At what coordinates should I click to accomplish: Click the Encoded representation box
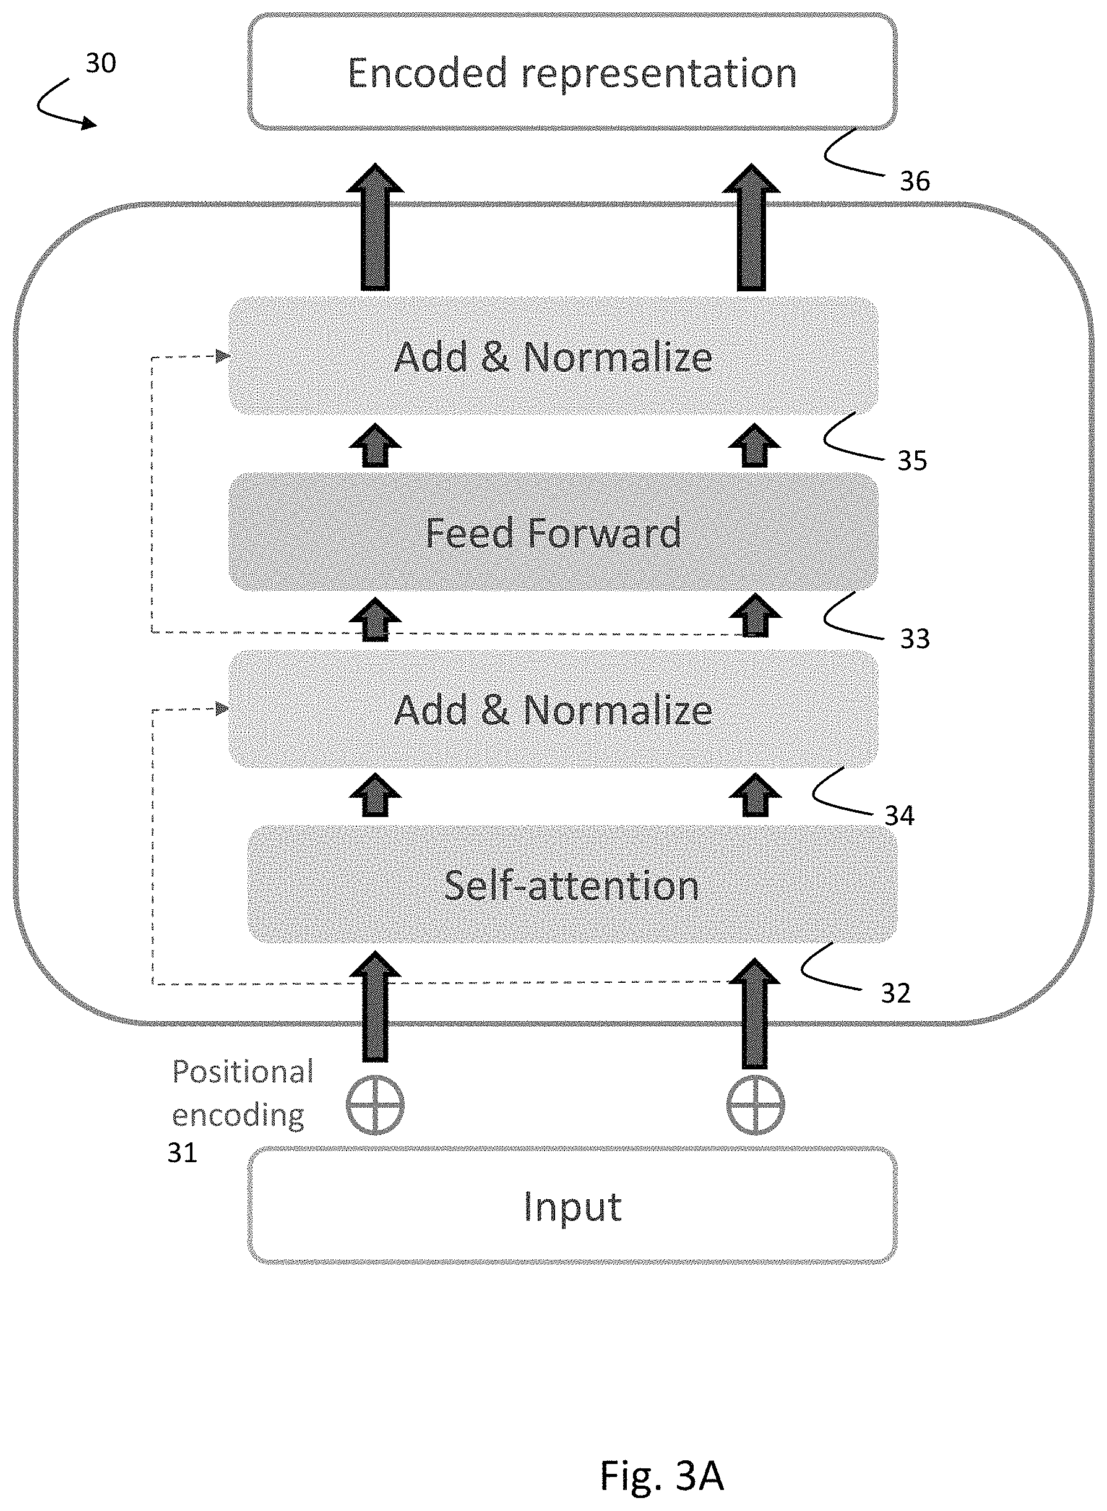click(x=572, y=72)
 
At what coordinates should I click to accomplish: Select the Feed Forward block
click(x=553, y=533)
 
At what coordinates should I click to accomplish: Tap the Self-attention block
click(x=572, y=884)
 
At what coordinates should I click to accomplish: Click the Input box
click(x=572, y=1206)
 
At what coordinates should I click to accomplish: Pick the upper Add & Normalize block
click(x=553, y=356)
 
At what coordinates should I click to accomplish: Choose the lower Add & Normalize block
click(x=553, y=709)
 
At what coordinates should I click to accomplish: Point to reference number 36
click(x=915, y=181)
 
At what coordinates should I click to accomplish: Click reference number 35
click(x=912, y=461)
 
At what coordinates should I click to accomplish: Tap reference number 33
click(x=915, y=639)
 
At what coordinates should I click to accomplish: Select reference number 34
click(x=899, y=816)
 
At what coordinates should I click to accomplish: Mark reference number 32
click(x=896, y=993)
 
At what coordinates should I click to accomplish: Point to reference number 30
click(x=100, y=63)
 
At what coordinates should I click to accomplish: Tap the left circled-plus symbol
click(x=375, y=1105)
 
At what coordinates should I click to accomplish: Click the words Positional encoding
click(x=243, y=1094)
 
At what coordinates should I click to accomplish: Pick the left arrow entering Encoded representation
click(x=375, y=227)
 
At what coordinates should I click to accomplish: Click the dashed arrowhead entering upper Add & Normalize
click(x=223, y=356)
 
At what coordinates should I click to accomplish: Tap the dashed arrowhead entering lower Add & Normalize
click(x=223, y=709)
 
